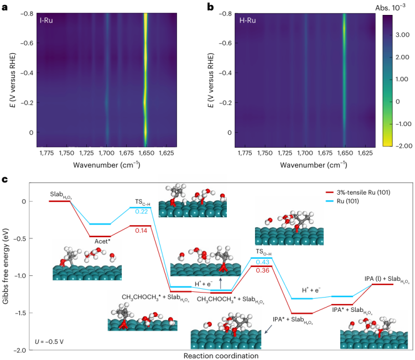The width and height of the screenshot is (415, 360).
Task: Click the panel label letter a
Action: coord(6,8)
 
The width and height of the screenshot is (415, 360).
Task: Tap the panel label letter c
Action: coord(6,180)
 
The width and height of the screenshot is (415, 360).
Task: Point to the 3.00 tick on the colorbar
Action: coord(402,35)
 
